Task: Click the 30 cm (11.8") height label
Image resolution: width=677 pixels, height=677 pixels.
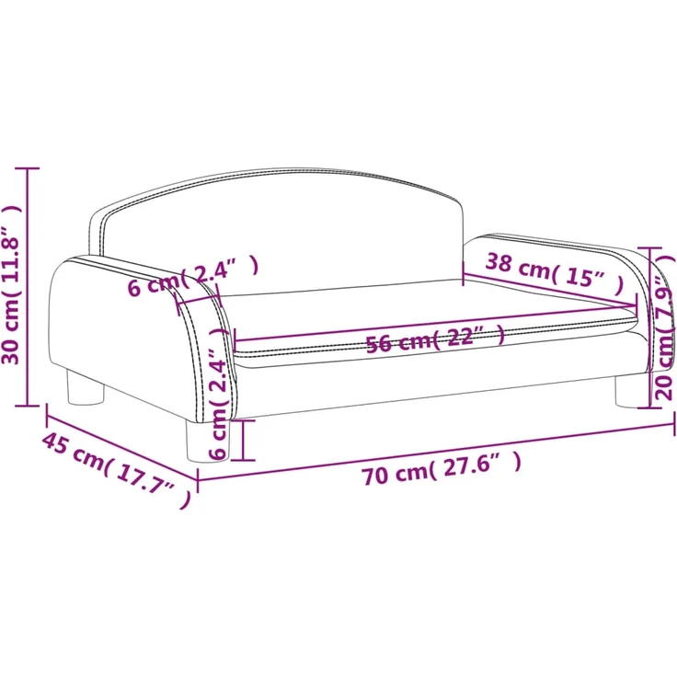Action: click(x=11, y=285)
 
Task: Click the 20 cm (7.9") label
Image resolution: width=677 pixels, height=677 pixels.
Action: click(x=665, y=327)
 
